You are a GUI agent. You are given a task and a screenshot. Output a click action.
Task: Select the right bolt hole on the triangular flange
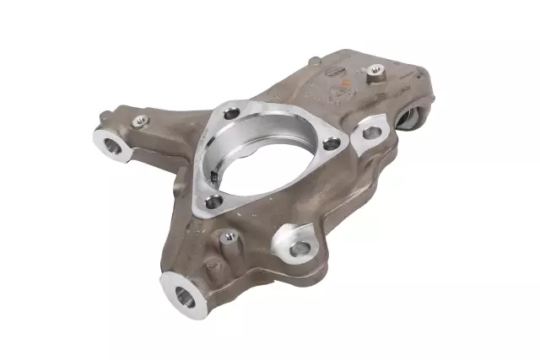(332, 143)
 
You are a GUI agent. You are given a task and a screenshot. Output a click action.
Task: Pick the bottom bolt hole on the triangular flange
(214, 201)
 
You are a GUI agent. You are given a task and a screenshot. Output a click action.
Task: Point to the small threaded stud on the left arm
(139, 120)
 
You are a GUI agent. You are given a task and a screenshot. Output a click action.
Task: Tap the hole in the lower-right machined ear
(299, 249)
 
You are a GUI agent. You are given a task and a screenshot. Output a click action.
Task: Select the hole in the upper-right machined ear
(369, 132)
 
